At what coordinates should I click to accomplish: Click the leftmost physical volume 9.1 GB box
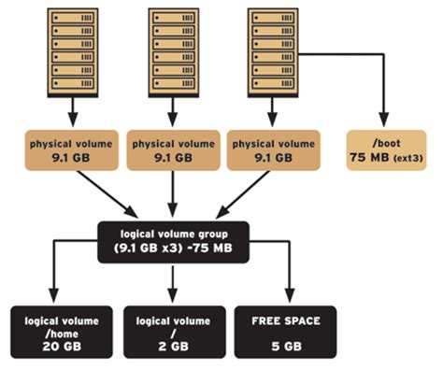[x=71, y=151]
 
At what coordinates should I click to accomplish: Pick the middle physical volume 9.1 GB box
[x=172, y=151]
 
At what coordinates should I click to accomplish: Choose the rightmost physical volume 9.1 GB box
[x=271, y=151]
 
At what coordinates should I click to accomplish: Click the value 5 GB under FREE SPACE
[x=286, y=346]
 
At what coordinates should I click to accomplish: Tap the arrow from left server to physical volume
[x=71, y=112]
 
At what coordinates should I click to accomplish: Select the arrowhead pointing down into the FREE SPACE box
[x=286, y=296]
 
